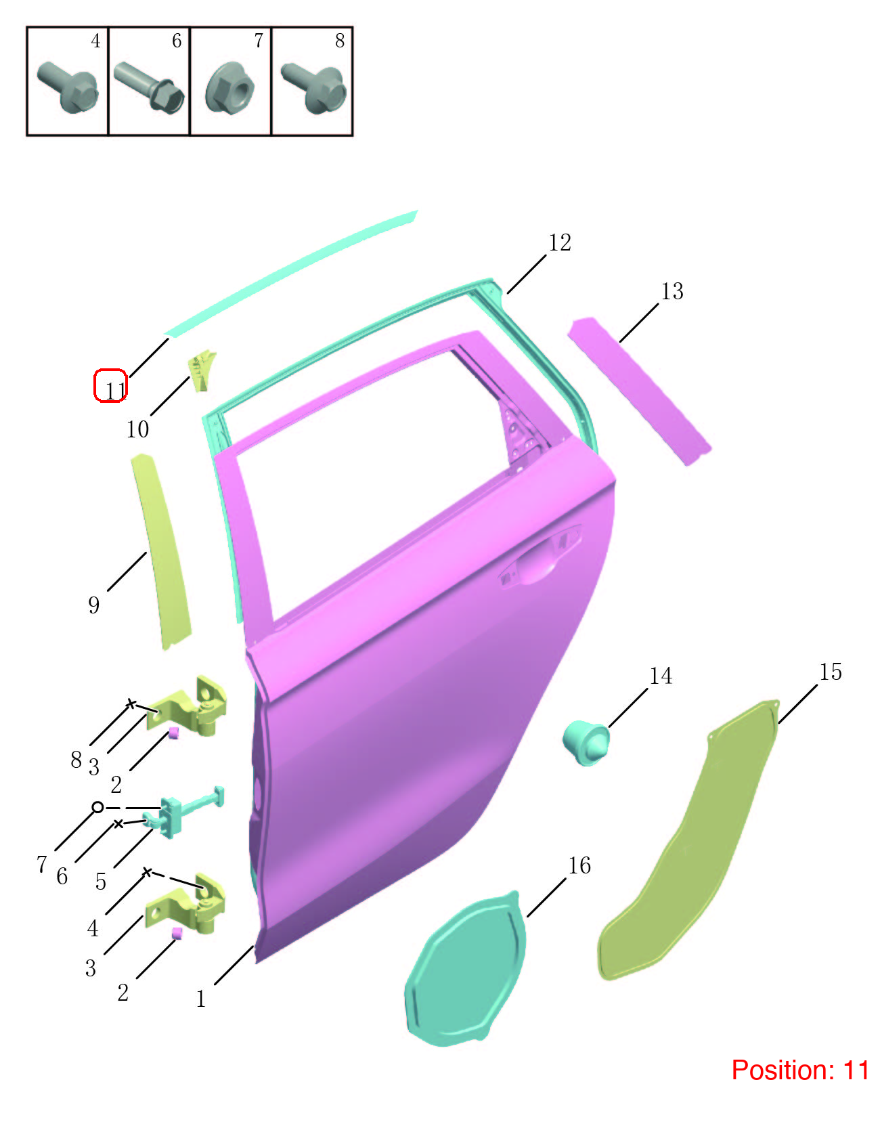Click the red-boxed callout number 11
tap(116, 390)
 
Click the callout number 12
tap(560, 242)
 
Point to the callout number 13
tap(672, 291)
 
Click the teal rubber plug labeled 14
tap(586, 742)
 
